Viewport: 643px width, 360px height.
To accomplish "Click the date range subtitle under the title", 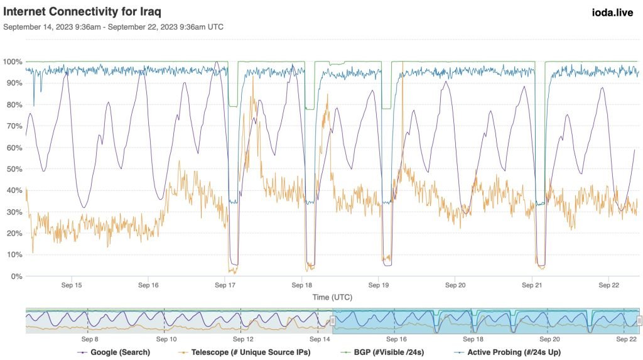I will pyautogui.click(x=113, y=27).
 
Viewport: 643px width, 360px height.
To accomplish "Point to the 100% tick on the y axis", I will pyautogui.click(x=13, y=62).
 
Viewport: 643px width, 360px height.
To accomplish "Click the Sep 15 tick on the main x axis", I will pyautogui.click(x=71, y=285).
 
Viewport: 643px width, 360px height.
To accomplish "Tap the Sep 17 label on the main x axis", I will pyautogui.click(x=225, y=285).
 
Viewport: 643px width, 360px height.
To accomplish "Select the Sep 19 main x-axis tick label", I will pyautogui.click(x=379, y=285).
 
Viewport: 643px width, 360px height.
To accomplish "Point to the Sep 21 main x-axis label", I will pyautogui.click(x=532, y=285).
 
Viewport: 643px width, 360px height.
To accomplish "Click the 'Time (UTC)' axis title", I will pyautogui.click(x=332, y=295).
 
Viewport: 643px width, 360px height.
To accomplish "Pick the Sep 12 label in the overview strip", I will pyautogui.click(x=242, y=339).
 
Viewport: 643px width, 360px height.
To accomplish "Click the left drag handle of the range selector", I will pyautogui.click(x=333, y=320).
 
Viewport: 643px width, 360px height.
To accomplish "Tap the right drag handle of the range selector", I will pyautogui.click(x=639, y=320).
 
